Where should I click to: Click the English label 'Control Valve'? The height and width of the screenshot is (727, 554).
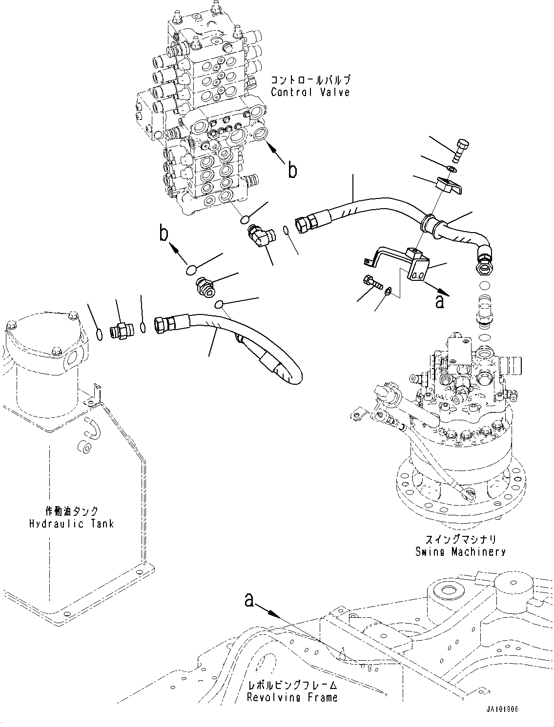click(310, 92)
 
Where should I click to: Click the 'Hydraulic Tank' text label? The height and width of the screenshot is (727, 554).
click(71, 524)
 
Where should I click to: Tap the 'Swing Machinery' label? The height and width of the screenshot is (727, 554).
click(460, 551)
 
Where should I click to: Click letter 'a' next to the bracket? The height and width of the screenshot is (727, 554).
click(440, 301)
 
